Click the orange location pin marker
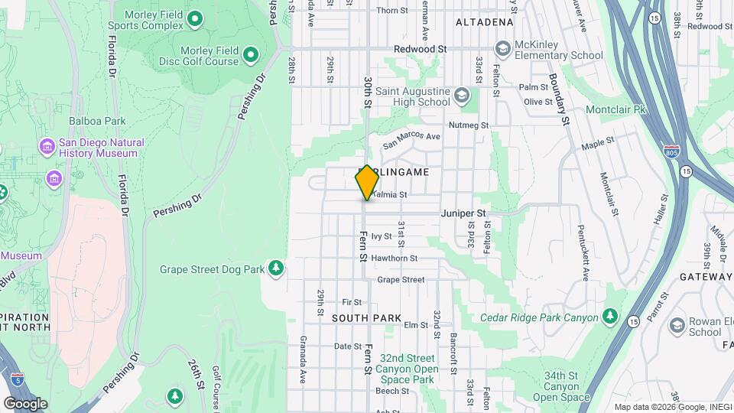pyautogui.click(x=367, y=182)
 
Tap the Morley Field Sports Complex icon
pyautogui.click(x=195, y=18)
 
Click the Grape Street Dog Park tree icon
pyautogui.click(x=276, y=268)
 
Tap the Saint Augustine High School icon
pyautogui.click(x=461, y=96)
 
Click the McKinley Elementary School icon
pyautogui.click(x=502, y=50)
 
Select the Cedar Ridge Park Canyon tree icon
pyautogui.click(x=609, y=316)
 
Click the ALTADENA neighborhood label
pyautogui.click(x=484, y=22)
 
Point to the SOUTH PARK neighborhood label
pyautogui.click(x=366, y=317)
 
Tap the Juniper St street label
pyautogui.click(x=463, y=213)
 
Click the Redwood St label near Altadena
pyautogui.click(x=420, y=49)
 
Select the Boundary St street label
pyautogui.click(x=560, y=99)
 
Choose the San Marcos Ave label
pyautogui.click(x=412, y=138)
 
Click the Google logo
pyautogui.click(x=25, y=403)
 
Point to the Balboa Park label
pyautogui.click(x=96, y=121)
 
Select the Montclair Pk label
pyautogui.click(x=615, y=109)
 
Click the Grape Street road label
pyautogui.click(x=401, y=280)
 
